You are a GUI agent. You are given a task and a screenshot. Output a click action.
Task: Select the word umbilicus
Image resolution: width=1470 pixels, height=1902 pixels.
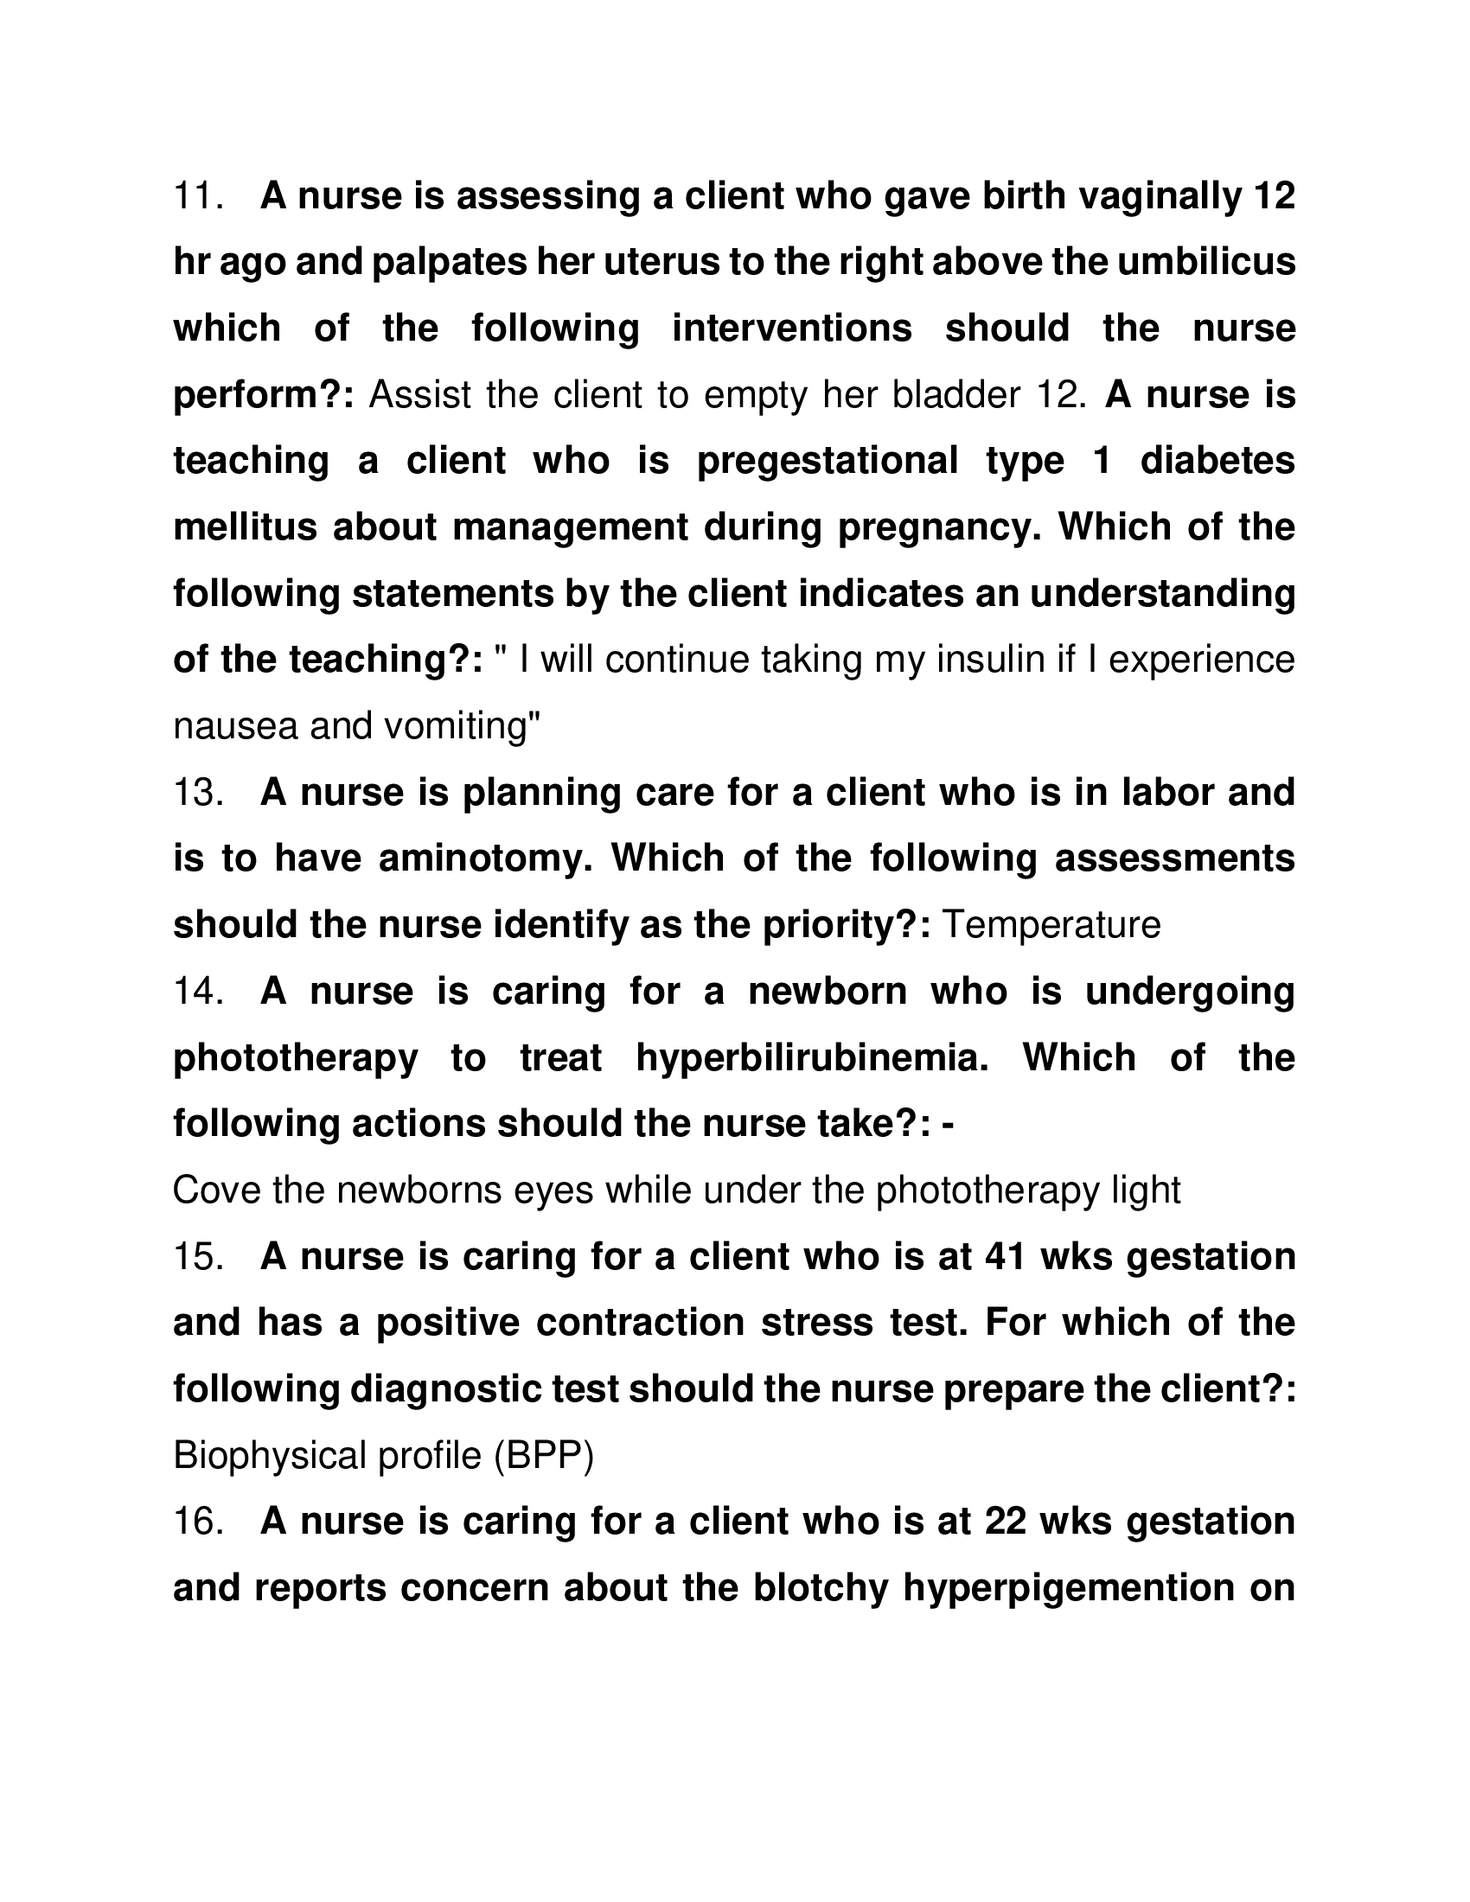[1207, 262]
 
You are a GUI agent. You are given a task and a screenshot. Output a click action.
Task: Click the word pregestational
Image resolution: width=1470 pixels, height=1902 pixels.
[828, 461]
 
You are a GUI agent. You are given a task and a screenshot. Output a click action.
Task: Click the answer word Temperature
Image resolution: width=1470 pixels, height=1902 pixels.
[1052, 925]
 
